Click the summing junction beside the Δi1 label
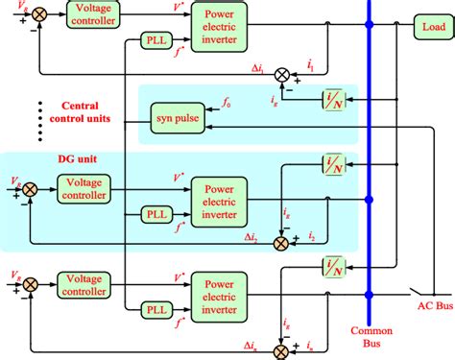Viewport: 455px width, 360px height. click(281, 74)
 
